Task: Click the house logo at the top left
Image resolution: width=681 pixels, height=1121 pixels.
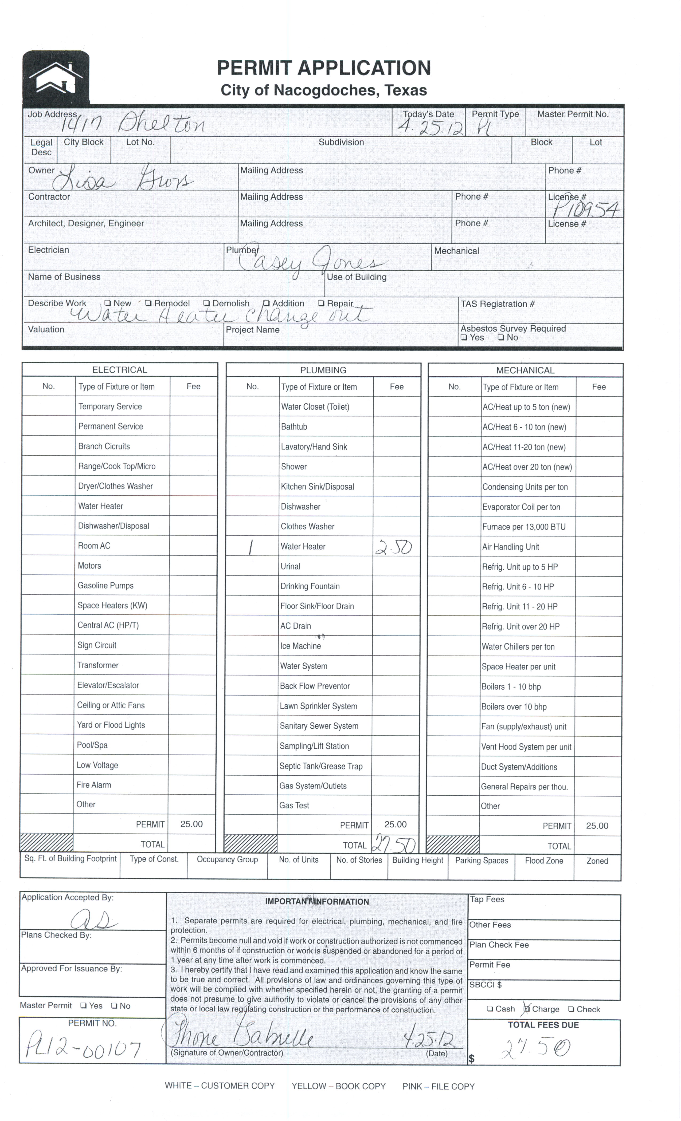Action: (56, 77)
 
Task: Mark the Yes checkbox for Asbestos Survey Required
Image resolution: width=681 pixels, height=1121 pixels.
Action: (464, 338)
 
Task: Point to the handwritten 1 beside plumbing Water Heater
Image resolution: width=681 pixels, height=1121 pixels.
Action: (251, 547)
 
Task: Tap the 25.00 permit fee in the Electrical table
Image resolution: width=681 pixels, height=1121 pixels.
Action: (191, 824)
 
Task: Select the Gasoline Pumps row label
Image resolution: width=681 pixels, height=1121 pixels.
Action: (105, 586)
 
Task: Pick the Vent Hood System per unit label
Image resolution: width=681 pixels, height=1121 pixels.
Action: (526, 747)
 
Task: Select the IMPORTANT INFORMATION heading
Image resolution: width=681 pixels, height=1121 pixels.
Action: (317, 902)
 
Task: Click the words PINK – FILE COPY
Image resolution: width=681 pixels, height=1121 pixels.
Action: (438, 1086)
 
